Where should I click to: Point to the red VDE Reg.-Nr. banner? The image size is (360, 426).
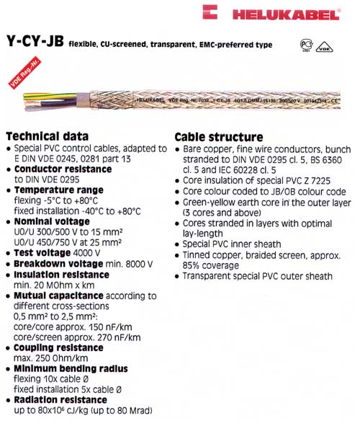17,80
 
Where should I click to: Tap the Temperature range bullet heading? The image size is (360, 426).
59,190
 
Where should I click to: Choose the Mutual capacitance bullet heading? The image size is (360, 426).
59,295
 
